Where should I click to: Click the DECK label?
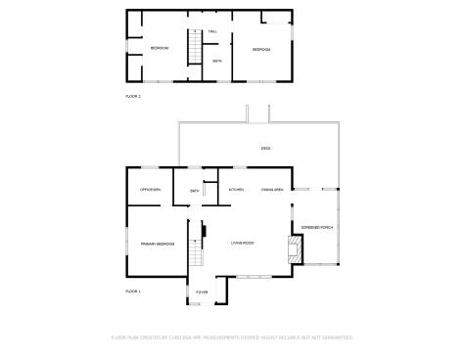[x=265, y=148]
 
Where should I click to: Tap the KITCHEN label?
[x=236, y=190]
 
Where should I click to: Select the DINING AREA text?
[x=272, y=190]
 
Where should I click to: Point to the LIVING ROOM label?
[x=243, y=243]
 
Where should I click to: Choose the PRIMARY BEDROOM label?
[x=157, y=244]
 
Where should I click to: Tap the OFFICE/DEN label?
[x=150, y=190]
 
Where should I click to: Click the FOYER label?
[x=202, y=292]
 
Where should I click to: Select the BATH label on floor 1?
[x=195, y=191]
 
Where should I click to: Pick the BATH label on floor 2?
[x=217, y=61]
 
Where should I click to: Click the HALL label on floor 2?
[x=212, y=31]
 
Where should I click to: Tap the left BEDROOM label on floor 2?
[x=160, y=48]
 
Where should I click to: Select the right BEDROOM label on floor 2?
[x=261, y=49]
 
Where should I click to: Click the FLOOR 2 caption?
[x=133, y=96]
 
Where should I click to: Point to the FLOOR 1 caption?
[x=133, y=292]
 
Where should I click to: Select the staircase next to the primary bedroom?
[x=194, y=256]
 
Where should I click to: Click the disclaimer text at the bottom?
[x=232, y=337]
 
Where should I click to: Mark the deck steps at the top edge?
[x=258, y=112]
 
